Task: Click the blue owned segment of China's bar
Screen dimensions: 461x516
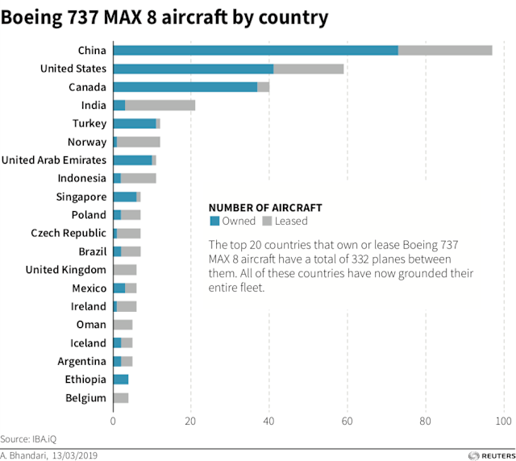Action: [x=255, y=51]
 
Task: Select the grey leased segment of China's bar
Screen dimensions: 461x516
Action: [x=445, y=51]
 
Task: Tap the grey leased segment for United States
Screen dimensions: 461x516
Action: [x=309, y=69]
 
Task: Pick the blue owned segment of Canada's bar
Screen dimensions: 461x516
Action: [x=185, y=87]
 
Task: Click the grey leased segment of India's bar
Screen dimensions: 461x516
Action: [x=160, y=106]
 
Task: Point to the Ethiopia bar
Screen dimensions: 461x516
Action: [x=121, y=380]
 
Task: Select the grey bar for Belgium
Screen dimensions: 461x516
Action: [x=121, y=398]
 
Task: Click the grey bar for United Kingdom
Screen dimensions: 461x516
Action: [x=125, y=270]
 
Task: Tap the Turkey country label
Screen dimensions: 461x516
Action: [x=89, y=123]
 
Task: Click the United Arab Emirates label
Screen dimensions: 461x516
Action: [x=54, y=160]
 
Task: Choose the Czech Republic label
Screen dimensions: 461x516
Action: [x=69, y=233]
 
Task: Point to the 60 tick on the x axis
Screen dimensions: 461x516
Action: [x=347, y=420]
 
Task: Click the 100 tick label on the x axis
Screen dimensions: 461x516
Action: [x=504, y=420]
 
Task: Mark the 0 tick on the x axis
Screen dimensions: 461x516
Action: [x=113, y=420]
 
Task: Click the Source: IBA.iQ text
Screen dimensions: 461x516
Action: [x=28, y=439]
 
